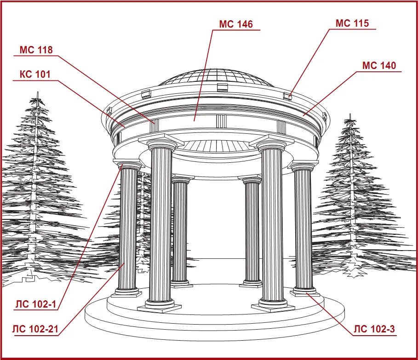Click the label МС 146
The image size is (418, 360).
tap(236, 24)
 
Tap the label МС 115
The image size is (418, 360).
tap(352, 23)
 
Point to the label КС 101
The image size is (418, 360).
tap(35, 74)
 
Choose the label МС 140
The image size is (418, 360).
tap(379, 66)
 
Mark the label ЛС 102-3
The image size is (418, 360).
tap(374, 329)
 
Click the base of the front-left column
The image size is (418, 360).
tap(160, 304)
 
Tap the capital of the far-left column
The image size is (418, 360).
tap(129, 165)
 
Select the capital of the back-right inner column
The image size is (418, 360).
tap(252, 180)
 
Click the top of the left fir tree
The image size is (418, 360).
tap(37, 97)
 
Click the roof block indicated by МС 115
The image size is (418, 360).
tap(289, 96)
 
